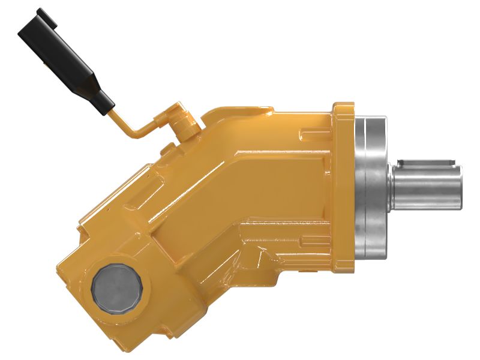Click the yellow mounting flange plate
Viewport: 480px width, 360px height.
[x=344, y=180]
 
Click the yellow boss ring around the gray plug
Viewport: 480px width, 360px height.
[x=117, y=265]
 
